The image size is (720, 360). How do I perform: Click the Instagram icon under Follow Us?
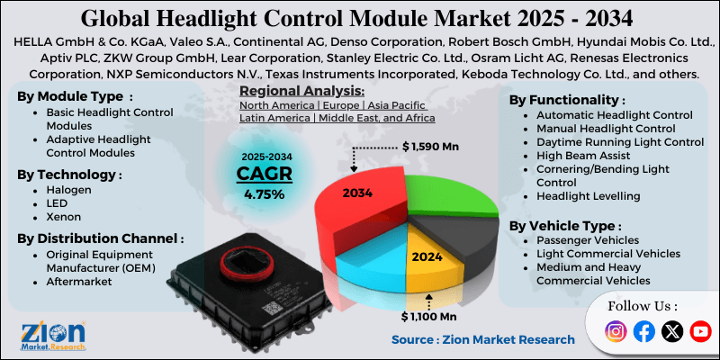coord(616,331)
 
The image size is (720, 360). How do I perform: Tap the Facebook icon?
coord(643,331)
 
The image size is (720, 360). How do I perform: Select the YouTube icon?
coord(699,331)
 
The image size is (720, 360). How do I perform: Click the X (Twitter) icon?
coord(671,331)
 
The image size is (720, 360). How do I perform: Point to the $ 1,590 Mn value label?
coord(433,145)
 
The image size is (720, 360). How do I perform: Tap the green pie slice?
coord(441,193)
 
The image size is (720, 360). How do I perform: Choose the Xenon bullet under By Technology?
coord(65,217)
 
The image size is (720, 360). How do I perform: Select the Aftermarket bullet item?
coord(78,282)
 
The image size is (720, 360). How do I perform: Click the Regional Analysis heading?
coord(302,91)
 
